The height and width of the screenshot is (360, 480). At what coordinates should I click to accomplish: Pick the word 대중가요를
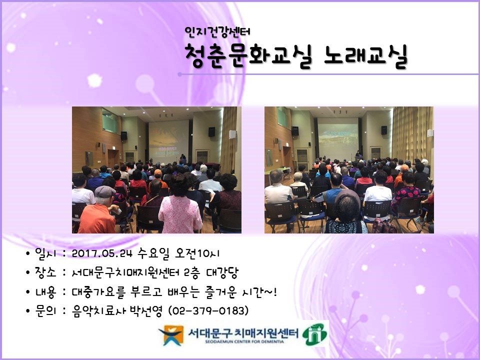(x=93, y=292)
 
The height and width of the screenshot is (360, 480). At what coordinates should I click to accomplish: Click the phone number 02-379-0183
(x=209, y=311)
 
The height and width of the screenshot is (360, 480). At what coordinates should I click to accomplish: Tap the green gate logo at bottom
(x=316, y=333)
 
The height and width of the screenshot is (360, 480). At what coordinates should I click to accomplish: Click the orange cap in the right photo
(x=404, y=168)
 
